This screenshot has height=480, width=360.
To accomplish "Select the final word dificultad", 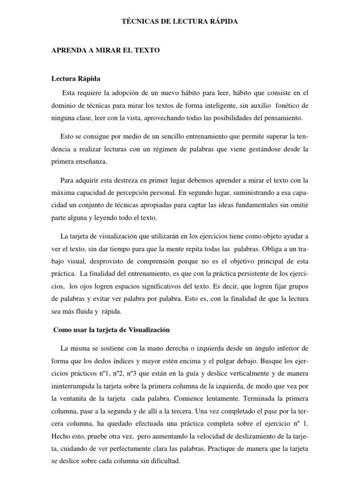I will (x=162, y=461).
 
